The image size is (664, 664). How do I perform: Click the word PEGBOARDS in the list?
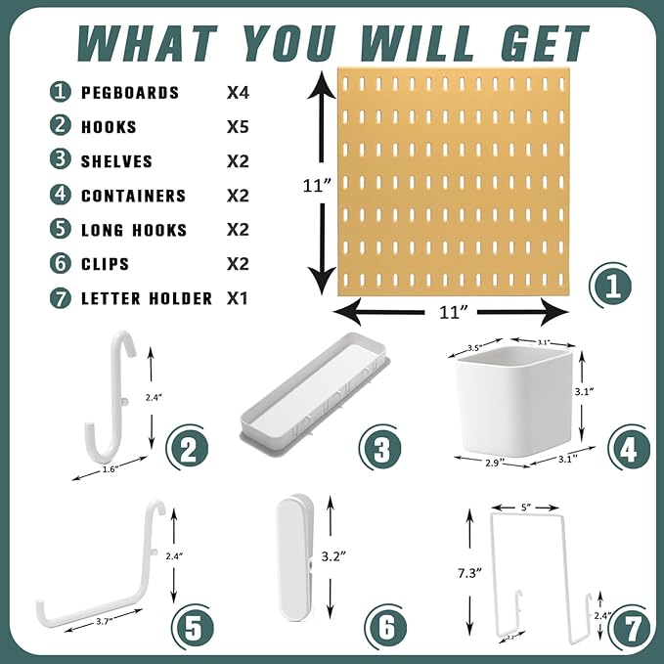click(x=130, y=93)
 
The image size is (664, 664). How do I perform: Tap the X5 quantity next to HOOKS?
click(x=237, y=127)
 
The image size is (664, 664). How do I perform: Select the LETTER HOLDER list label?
click(x=147, y=298)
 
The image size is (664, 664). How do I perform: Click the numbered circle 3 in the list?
click(x=61, y=161)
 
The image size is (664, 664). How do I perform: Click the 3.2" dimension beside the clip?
click(x=335, y=556)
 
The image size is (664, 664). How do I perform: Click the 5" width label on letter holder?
click(x=528, y=507)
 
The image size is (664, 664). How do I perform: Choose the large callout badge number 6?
click(x=387, y=626)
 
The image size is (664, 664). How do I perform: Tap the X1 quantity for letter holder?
click(x=237, y=298)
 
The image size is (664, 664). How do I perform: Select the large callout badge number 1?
click(x=613, y=288)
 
